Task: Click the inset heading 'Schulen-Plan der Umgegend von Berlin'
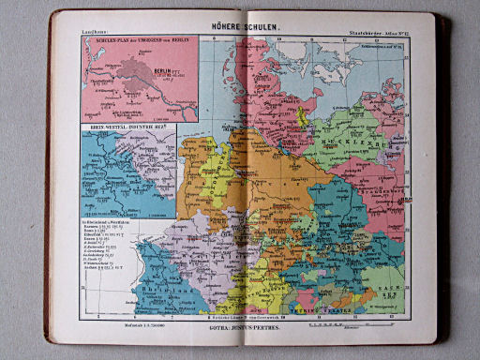coord(135,44)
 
